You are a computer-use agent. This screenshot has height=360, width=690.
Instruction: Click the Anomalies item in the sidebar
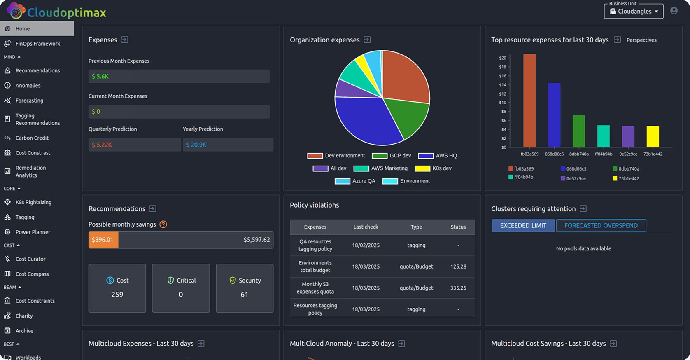(x=28, y=86)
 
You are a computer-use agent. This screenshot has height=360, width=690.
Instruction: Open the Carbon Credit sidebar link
(x=32, y=138)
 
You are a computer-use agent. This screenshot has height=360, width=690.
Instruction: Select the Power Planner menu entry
(x=33, y=232)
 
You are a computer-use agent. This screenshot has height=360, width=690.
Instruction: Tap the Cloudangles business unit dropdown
(x=634, y=12)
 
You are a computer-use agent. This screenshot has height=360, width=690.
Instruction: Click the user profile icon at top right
(x=674, y=11)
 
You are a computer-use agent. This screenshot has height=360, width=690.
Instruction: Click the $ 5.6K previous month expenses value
(x=100, y=76)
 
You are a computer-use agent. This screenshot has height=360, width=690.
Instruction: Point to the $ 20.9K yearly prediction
(x=196, y=145)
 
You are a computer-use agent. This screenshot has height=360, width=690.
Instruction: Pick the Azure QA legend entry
(x=355, y=181)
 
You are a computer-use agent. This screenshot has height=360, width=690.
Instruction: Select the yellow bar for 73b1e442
(x=653, y=136)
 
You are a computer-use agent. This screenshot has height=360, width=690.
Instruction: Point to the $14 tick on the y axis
(x=503, y=85)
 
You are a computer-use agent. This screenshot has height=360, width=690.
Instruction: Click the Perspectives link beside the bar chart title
(x=641, y=40)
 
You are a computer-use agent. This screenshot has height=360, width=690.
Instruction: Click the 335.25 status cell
(x=458, y=288)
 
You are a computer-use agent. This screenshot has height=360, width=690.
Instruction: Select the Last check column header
(x=366, y=227)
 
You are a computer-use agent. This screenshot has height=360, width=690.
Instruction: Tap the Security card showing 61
(x=245, y=288)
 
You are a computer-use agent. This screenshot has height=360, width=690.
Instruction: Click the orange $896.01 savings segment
(x=103, y=240)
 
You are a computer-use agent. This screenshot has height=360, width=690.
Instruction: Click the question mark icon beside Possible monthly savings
(x=163, y=224)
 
